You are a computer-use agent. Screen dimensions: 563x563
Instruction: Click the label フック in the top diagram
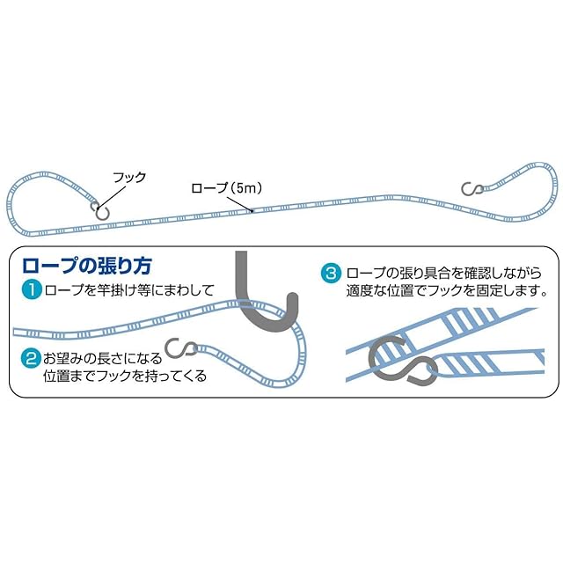click(128, 177)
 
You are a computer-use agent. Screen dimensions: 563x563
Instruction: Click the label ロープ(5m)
click(228, 188)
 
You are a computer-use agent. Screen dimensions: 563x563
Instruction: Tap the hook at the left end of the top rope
click(101, 210)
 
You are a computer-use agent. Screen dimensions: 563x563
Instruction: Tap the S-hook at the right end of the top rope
click(473, 187)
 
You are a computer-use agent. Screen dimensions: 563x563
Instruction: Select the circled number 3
click(331, 273)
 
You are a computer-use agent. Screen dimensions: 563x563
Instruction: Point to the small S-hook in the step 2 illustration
click(186, 350)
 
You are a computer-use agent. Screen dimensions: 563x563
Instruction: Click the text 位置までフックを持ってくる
click(124, 376)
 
